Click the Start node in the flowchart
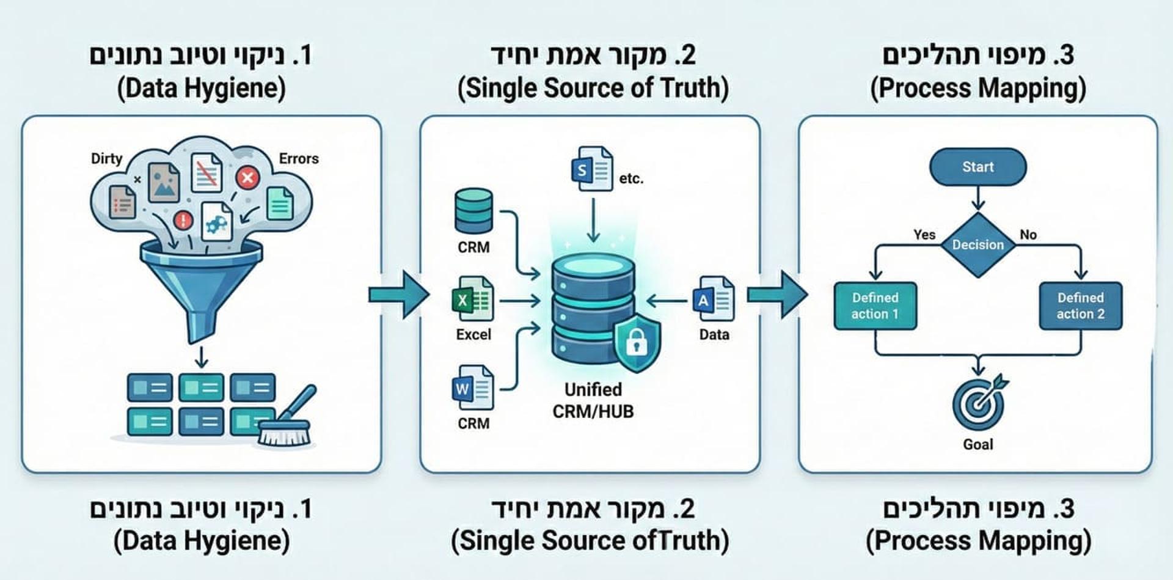(x=977, y=167)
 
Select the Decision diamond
(x=977, y=244)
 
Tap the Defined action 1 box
(x=875, y=306)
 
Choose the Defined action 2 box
(x=1080, y=306)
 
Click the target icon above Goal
(x=979, y=403)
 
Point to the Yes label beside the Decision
(x=924, y=235)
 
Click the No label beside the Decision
(x=1028, y=235)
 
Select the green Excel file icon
(x=472, y=299)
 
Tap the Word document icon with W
(x=472, y=387)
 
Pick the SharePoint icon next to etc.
(x=591, y=169)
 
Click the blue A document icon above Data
(x=713, y=299)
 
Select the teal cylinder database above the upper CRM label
(x=473, y=210)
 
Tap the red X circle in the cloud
(x=247, y=178)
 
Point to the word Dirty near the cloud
(x=106, y=158)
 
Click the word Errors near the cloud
(x=299, y=158)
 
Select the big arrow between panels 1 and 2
(x=398, y=295)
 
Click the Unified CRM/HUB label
(x=593, y=400)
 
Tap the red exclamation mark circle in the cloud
(x=183, y=220)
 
